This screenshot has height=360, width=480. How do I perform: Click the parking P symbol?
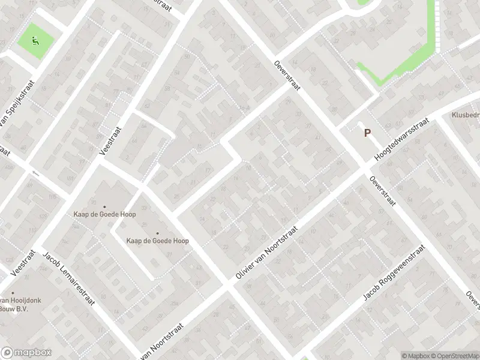click(367, 134)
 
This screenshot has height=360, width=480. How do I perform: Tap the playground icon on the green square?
click(35, 41)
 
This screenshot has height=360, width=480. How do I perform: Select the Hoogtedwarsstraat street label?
click(401, 139)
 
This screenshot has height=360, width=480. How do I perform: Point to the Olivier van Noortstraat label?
click(268, 252)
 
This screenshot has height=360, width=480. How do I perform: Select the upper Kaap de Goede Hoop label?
click(104, 214)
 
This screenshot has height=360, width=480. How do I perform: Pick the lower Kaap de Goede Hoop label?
click(157, 241)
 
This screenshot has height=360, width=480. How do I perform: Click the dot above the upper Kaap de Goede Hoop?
click(104, 207)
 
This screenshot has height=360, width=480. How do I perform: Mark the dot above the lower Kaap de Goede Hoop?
click(157, 233)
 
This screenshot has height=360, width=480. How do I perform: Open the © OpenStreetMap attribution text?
click(454, 356)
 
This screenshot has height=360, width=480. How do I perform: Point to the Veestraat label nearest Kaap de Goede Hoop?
click(111, 140)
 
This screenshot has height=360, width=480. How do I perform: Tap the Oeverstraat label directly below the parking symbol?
click(382, 190)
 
